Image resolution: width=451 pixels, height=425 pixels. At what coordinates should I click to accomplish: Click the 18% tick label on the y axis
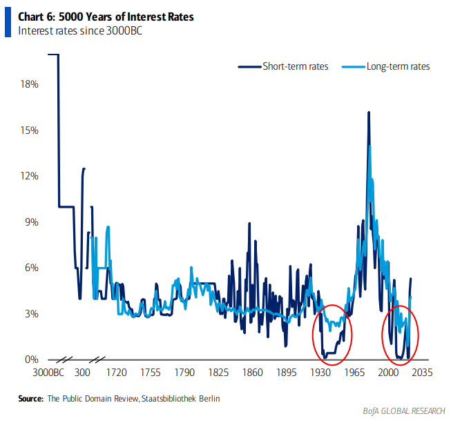28,84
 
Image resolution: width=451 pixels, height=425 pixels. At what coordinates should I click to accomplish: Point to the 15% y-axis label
28,130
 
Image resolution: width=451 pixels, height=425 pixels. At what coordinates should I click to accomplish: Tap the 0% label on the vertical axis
30,359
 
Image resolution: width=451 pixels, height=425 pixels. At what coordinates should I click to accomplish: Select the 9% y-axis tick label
30,222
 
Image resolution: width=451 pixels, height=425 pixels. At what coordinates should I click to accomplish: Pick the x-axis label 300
82,373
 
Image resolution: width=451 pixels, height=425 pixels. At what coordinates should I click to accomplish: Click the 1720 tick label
116,373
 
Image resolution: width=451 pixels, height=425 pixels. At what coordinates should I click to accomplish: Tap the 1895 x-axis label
285,373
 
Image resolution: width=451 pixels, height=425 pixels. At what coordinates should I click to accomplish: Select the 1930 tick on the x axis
320,373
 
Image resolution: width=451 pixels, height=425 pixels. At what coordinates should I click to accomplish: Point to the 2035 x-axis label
421,373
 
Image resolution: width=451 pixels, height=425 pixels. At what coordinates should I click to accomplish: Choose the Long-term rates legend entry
397,66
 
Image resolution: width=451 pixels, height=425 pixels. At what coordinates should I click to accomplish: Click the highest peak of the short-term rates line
368,112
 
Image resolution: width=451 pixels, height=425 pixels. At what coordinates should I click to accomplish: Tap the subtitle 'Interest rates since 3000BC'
79,30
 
